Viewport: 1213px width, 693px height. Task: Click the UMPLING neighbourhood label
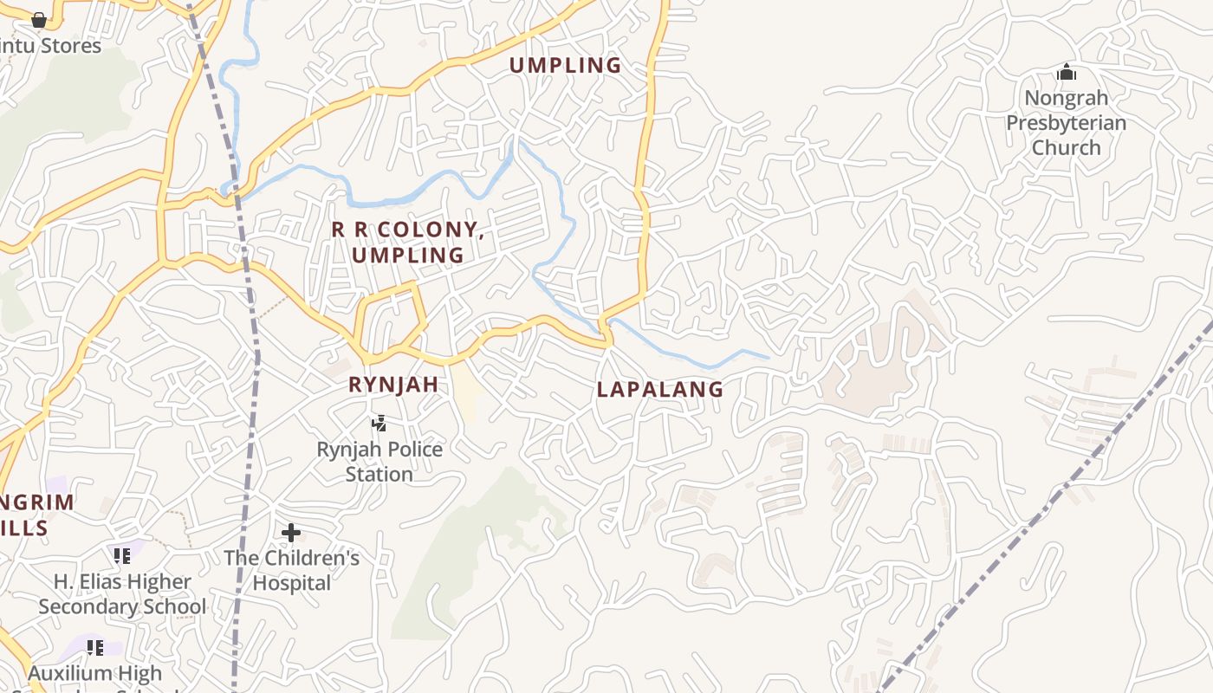pyautogui.click(x=565, y=65)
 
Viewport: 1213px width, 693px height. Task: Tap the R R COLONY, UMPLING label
pyautogui.click(x=407, y=243)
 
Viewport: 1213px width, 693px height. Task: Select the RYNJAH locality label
pyautogui.click(x=393, y=385)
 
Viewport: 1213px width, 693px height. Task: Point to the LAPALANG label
pyautogui.click(x=660, y=390)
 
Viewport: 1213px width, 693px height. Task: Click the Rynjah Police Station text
pyautogui.click(x=379, y=462)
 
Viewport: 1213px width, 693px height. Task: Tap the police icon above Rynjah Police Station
pyautogui.click(x=379, y=424)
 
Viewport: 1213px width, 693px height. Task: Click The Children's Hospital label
pyautogui.click(x=292, y=570)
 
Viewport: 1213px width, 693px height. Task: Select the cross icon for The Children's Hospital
pyautogui.click(x=291, y=532)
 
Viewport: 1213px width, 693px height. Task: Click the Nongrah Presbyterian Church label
pyautogui.click(x=1066, y=122)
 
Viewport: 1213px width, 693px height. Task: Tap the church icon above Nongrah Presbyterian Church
pyautogui.click(x=1067, y=72)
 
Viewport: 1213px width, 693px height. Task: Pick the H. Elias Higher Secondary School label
pyautogui.click(x=122, y=593)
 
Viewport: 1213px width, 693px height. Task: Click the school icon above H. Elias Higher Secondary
pyautogui.click(x=122, y=555)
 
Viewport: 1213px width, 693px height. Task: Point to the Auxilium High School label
pyautogui.click(x=95, y=674)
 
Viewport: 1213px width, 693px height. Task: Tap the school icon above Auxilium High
pyautogui.click(x=95, y=647)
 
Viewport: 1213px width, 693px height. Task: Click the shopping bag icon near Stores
pyautogui.click(x=39, y=19)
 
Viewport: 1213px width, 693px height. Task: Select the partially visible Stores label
pyautogui.click(x=52, y=46)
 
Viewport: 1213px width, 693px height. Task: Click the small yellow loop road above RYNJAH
pyautogui.click(x=390, y=321)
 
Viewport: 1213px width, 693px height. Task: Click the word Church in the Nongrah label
pyautogui.click(x=1066, y=147)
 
